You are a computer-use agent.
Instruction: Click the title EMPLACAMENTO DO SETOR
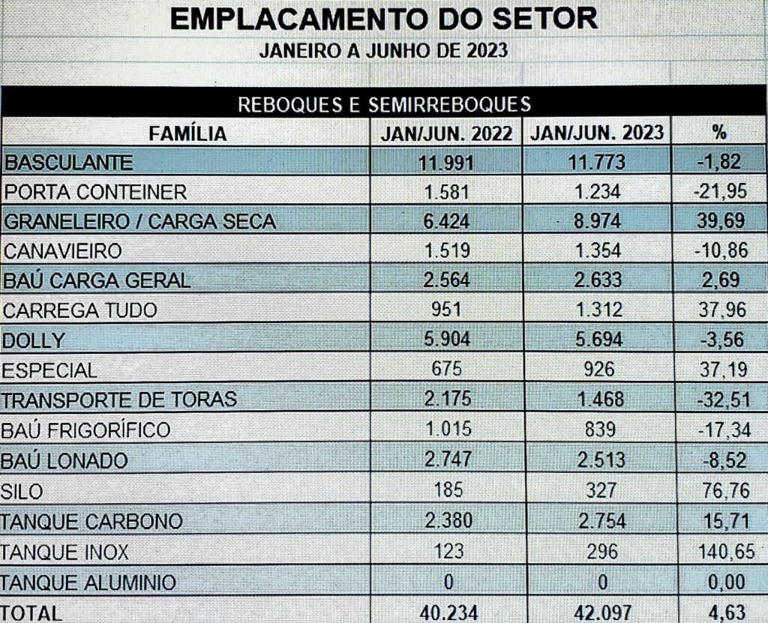tap(384, 19)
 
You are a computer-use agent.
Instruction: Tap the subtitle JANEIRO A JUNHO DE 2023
tap(384, 52)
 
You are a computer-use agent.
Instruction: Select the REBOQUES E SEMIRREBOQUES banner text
tap(384, 104)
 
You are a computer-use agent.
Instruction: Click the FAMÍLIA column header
tap(187, 133)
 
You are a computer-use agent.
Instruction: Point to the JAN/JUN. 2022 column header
tap(447, 133)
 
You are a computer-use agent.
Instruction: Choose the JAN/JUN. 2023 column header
tap(597, 133)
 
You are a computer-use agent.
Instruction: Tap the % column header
tap(719, 133)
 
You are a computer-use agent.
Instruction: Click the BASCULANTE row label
tap(68, 162)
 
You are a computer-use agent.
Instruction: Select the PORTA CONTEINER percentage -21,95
tap(720, 192)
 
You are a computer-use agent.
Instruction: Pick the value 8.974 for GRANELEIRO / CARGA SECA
tap(598, 221)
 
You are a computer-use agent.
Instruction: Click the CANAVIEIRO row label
tap(63, 251)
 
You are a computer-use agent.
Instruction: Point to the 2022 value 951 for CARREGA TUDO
tap(447, 310)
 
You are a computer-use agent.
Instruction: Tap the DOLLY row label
tap(34, 340)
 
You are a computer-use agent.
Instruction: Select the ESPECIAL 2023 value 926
tap(598, 370)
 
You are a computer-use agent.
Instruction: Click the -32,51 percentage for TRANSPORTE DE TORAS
tap(720, 400)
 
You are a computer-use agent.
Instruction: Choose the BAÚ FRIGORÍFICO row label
tap(85, 430)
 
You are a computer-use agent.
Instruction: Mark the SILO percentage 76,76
tap(720, 490)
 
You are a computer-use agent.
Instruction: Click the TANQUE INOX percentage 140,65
tap(720, 553)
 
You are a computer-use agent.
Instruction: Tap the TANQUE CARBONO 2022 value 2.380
tap(447, 521)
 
